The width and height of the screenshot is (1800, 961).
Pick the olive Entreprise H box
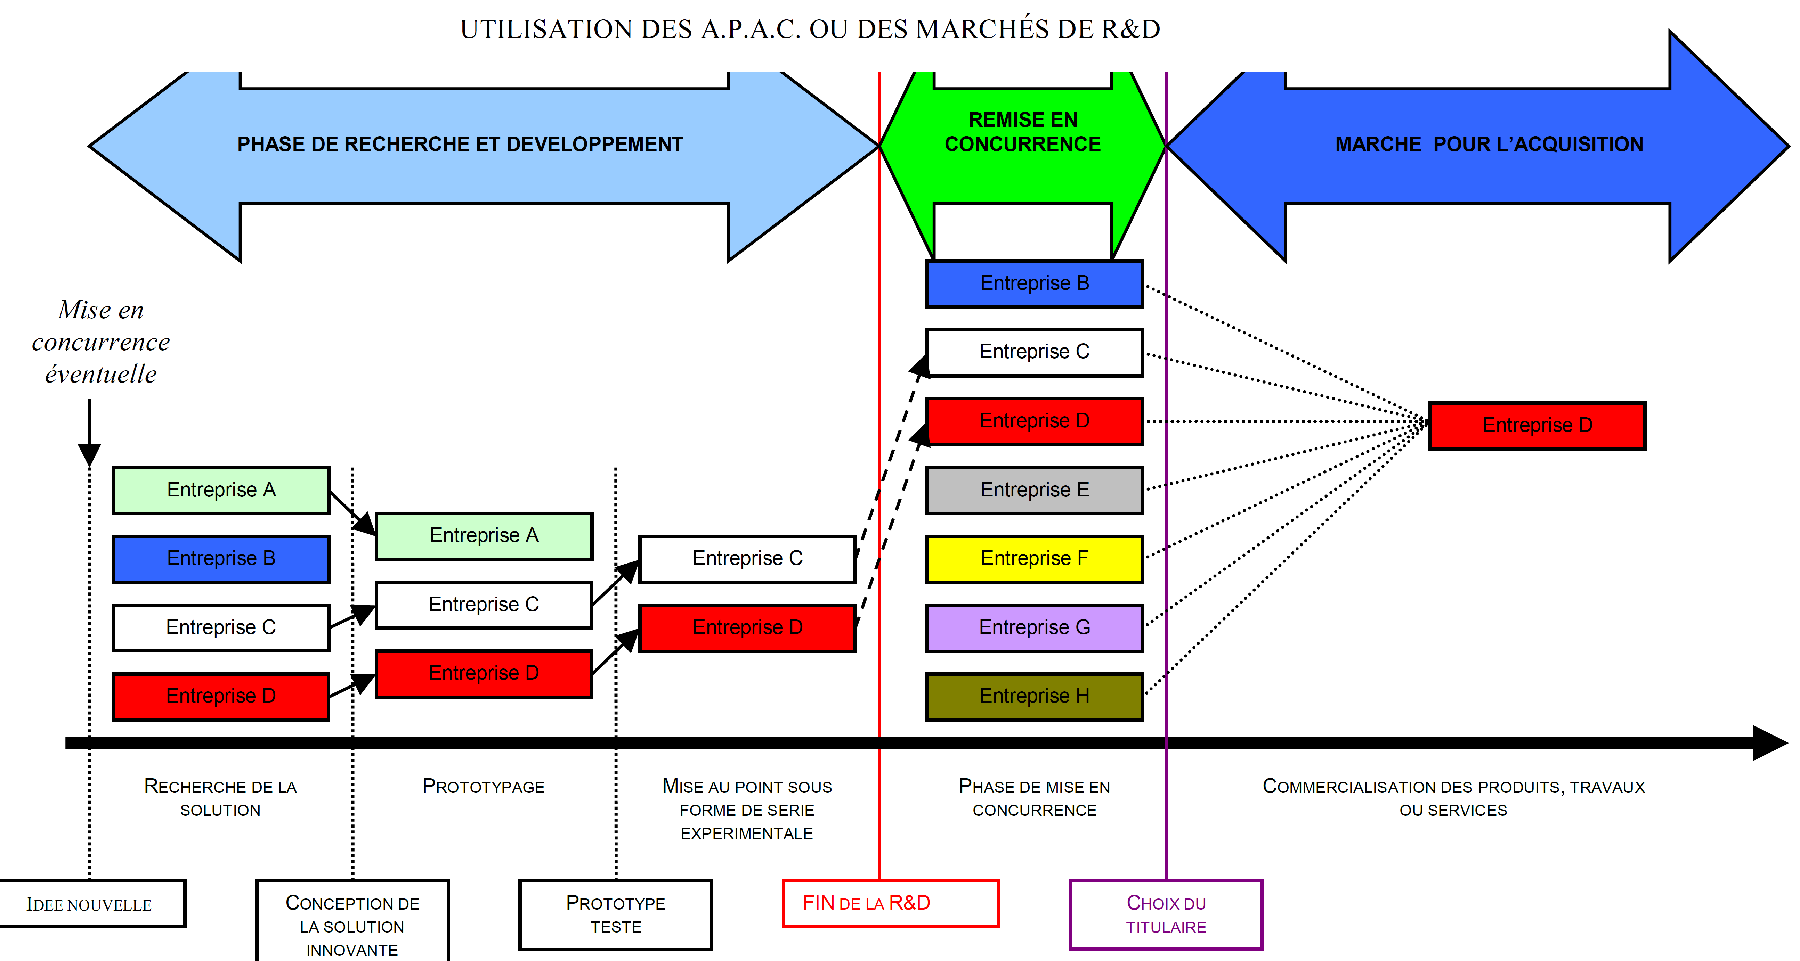coord(1034,696)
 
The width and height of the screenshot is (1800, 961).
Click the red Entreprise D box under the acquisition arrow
coord(1537,425)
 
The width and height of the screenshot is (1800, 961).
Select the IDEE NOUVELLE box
coord(89,904)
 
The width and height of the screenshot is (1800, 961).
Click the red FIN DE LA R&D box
coord(890,903)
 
